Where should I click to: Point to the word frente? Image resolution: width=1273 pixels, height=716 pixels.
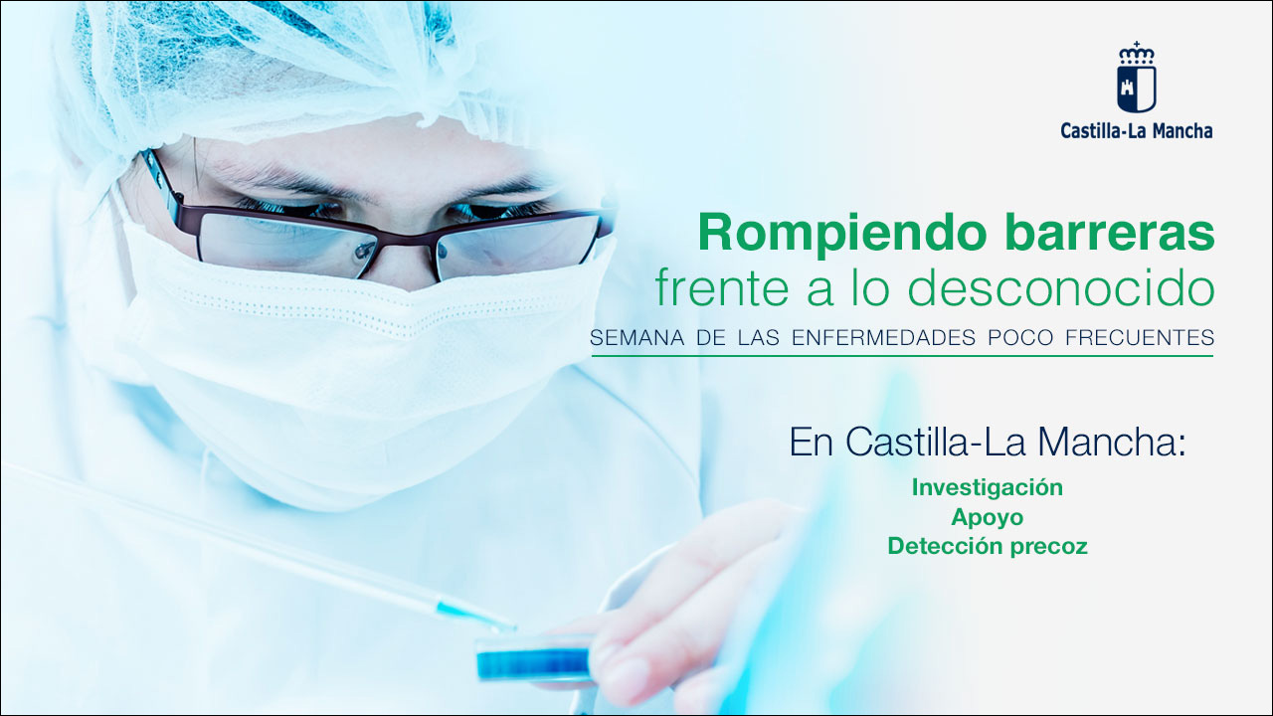coord(722,288)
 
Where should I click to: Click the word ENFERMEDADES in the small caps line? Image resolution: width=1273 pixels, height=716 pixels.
coord(883,337)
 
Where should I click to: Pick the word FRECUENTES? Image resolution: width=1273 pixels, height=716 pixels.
coord(1140,337)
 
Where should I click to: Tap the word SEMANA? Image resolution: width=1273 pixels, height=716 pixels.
coord(630,337)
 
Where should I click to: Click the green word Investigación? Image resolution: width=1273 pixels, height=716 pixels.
coord(988,488)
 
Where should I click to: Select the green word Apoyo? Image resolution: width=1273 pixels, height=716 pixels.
coord(988,518)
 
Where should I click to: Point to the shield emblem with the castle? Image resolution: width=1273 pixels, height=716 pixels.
coord(1137,89)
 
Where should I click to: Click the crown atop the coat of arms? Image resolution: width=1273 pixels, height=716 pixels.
coord(1137,53)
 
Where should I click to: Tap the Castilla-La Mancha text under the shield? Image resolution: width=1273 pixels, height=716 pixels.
coord(1137,131)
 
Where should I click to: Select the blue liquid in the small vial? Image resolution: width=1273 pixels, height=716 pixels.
coord(533,662)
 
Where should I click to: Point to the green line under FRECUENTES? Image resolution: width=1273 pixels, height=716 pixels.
coord(902,356)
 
